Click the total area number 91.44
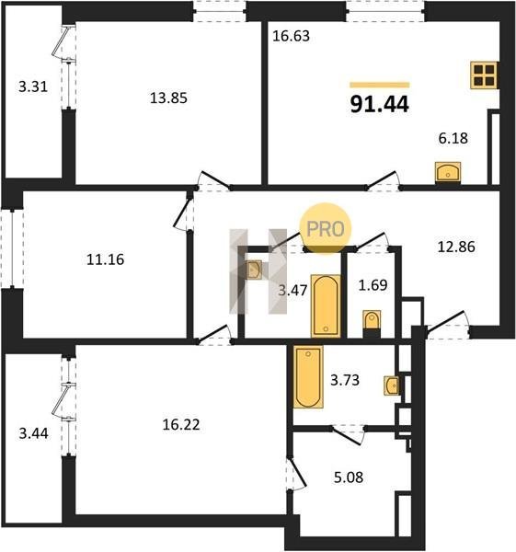click(380, 104)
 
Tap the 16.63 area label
click(291, 36)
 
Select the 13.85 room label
click(168, 98)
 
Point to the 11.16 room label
click(105, 259)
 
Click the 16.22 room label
click(181, 424)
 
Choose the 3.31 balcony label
click(33, 86)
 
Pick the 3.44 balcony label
click(33, 433)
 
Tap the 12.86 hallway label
click(456, 247)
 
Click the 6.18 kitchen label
click(453, 138)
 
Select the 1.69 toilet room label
click(373, 285)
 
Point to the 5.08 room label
click(349, 477)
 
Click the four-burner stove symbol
click(484, 75)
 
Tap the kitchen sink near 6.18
click(448, 172)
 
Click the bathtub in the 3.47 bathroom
click(326, 306)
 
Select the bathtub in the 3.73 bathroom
click(308, 376)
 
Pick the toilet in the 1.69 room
click(372, 324)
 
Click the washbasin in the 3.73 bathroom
click(392, 385)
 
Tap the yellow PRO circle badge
click(326, 229)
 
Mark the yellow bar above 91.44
click(380, 85)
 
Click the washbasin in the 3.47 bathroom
click(254, 270)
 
